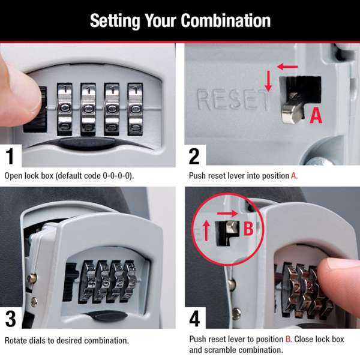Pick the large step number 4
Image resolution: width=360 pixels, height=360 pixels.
194,317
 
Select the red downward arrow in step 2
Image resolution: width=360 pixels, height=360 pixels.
268,81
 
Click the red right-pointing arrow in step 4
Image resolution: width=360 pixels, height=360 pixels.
229,213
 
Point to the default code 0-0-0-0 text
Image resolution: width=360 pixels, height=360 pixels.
115,176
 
